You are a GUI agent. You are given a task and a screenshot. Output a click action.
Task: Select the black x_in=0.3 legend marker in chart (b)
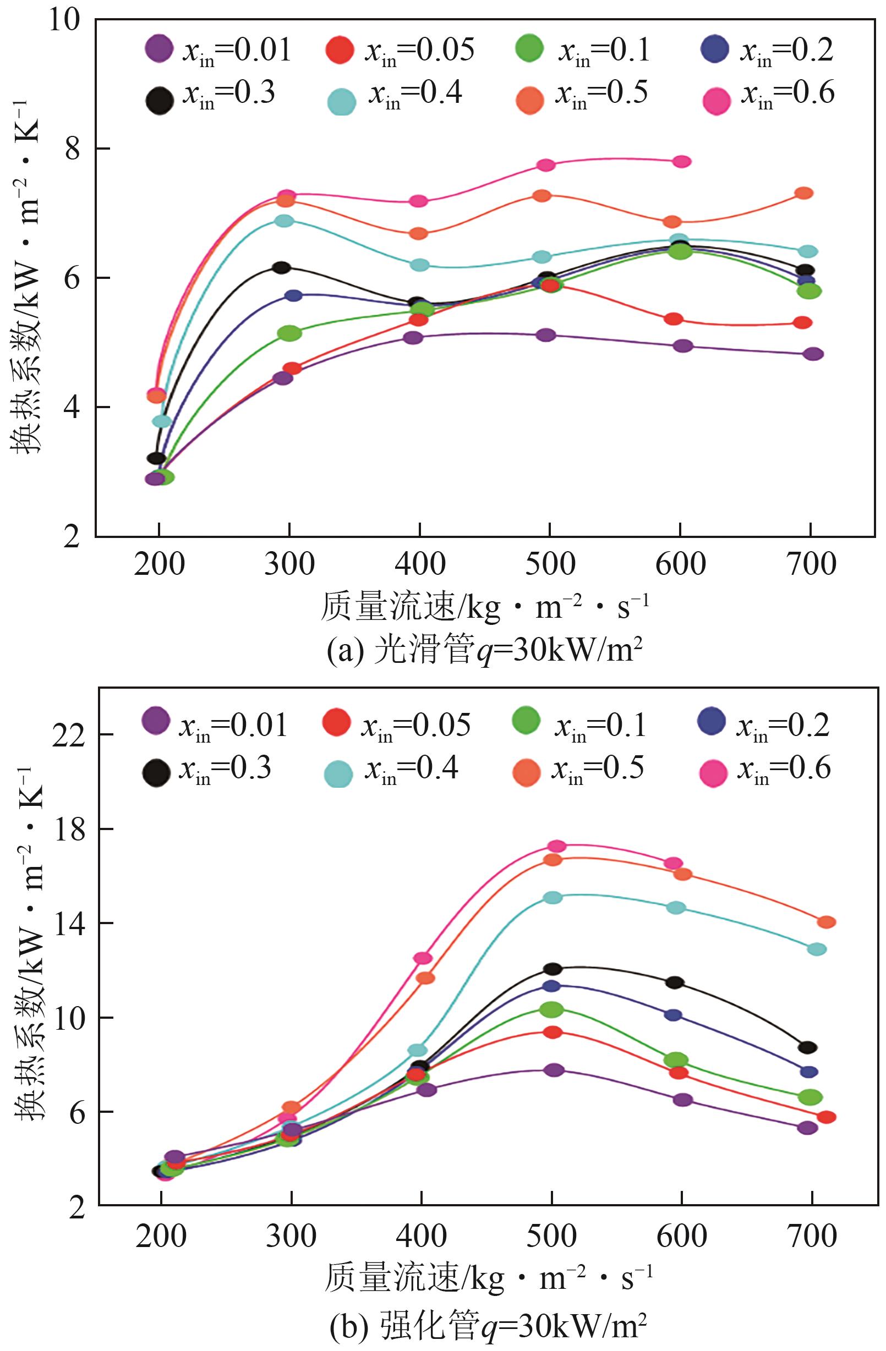pyautogui.click(x=156, y=772)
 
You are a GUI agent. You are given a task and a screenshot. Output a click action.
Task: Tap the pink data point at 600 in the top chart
pyautogui.click(x=681, y=161)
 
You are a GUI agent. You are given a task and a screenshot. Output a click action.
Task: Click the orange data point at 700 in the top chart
pyautogui.click(x=803, y=193)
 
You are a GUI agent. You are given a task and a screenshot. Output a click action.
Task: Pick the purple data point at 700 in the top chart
pyautogui.click(x=813, y=354)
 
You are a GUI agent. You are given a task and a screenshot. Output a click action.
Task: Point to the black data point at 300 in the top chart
pyautogui.click(x=281, y=267)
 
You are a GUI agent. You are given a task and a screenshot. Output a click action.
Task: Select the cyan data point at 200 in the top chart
pyautogui.click(x=162, y=421)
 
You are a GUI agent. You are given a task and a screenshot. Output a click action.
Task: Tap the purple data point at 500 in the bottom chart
pyautogui.click(x=554, y=1069)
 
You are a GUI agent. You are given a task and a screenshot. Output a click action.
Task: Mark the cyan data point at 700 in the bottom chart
pyautogui.click(x=816, y=949)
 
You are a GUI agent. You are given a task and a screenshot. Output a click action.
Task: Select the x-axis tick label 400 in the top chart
pyautogui.click(x=419, y=564)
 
